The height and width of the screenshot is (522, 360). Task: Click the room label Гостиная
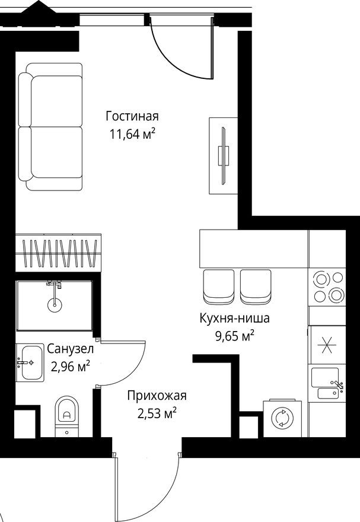tap(132, 115)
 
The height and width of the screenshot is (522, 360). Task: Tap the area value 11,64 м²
tap(132, 133)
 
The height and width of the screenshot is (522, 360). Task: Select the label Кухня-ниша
tap(234, 319)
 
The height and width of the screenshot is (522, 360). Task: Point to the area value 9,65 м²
tap(234, 337)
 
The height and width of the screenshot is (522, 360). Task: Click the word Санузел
tap(70, 349)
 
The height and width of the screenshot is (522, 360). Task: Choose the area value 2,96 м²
tap(70, 366)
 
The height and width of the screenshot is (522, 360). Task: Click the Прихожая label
tap(157, 395)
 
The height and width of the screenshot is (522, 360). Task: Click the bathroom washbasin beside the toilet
tap(29, 362)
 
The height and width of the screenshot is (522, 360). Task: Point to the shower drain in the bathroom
tap(55, 305)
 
